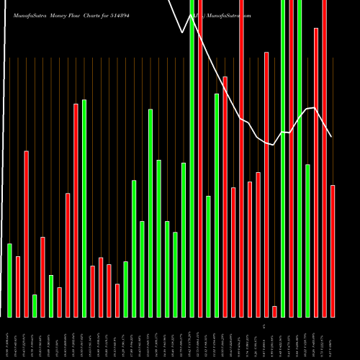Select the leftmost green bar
click(10, 280)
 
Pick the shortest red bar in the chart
click(274, 311)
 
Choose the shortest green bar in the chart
click(35, 305)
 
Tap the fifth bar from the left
click(42, 276)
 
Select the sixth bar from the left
click(51, 296)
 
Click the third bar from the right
click(316, 172)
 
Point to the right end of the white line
click(332, 137)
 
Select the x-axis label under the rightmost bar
click(333, 338)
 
